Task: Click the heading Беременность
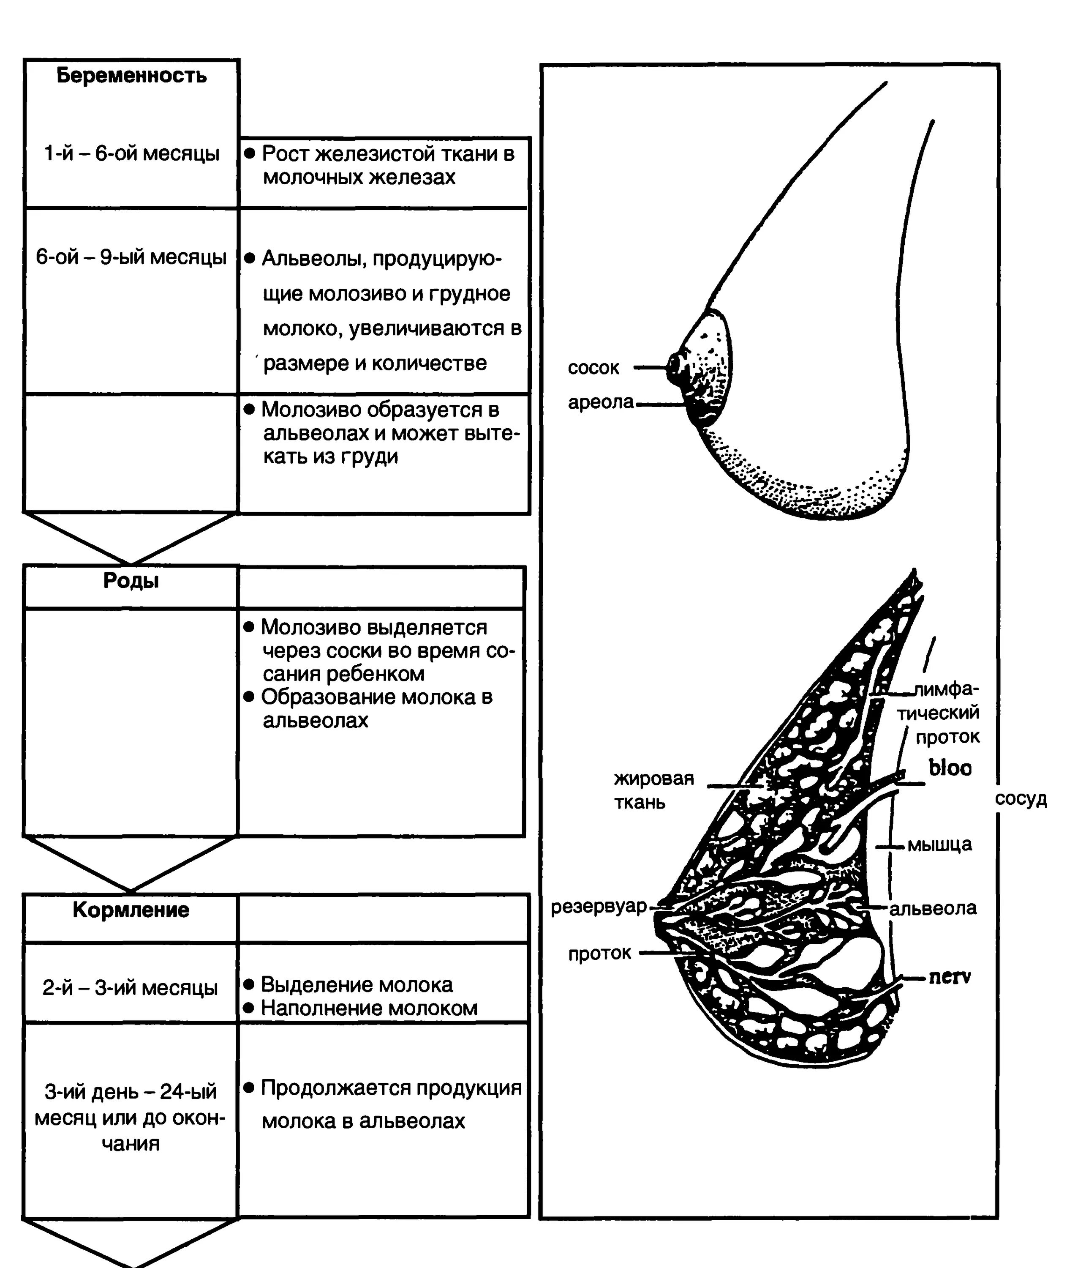131,76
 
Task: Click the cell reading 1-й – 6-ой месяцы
131,154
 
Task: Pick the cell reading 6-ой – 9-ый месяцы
131,257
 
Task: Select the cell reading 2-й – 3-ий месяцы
130,988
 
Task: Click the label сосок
593,368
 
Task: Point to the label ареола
600,402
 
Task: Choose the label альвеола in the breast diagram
933,908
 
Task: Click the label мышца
939,844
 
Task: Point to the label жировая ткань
653,790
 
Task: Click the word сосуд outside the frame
1021,799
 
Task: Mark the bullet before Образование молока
248,697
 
